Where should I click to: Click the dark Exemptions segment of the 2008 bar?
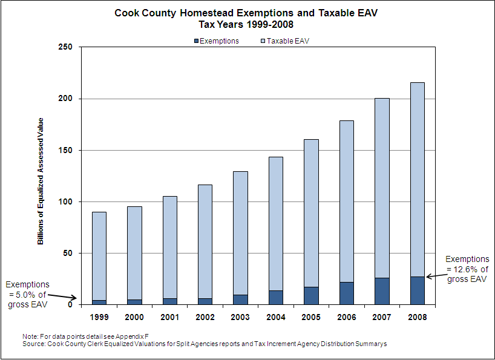(x=416, y=290)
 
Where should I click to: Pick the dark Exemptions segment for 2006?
(x=346, y=293)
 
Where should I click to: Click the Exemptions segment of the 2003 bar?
(x=240, y=299)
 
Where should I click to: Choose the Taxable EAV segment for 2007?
(x=381, y=188)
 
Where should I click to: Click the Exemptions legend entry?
(x=216, y=41)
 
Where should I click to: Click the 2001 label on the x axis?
(x=169, y=316)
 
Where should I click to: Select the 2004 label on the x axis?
(x=275, y=316)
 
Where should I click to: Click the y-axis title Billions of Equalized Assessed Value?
(x=41, y=181)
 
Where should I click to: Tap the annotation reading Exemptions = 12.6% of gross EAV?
(x=467, y=269)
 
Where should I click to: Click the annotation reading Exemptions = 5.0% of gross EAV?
(x=27, y=294)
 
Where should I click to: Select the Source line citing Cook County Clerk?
(x=203, y=344)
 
